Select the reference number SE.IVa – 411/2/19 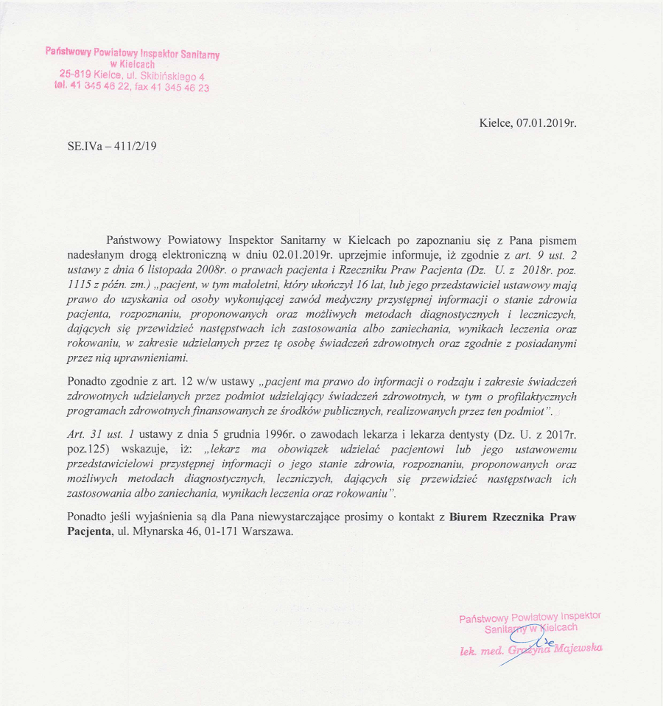pos(112,146)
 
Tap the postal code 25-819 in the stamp pos(76,74)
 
